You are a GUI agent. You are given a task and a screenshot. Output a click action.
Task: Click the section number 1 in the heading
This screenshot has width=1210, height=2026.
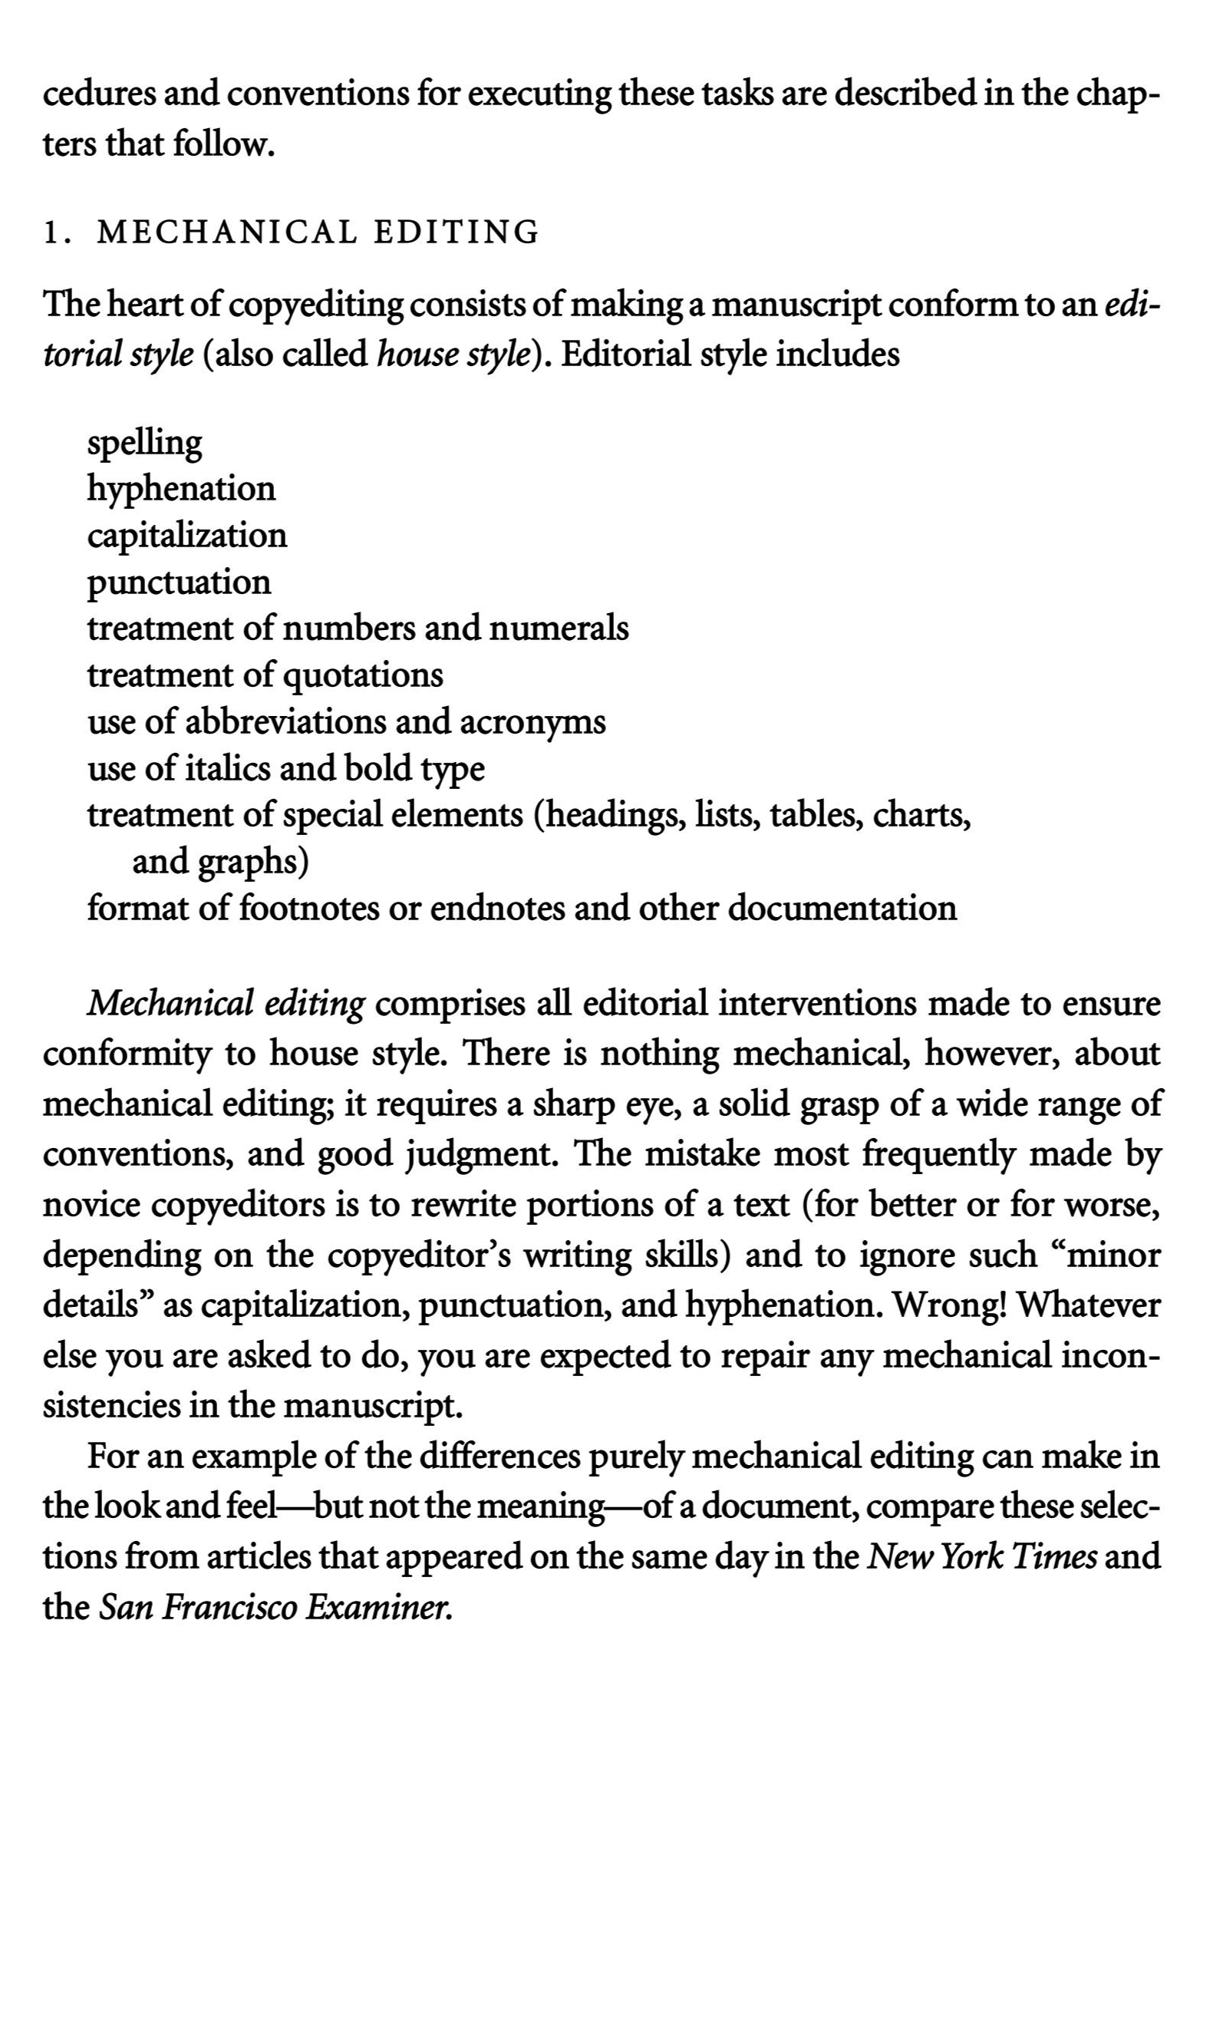click(51, 233)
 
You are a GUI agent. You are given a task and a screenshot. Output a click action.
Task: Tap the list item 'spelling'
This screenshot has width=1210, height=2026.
click(144, 444)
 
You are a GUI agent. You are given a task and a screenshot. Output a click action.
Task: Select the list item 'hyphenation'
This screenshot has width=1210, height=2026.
click(181, 490)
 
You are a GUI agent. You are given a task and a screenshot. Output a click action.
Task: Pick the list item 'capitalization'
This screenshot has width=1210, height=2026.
click(186, 536)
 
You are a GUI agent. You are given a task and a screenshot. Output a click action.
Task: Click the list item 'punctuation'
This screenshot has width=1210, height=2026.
click(179, 583)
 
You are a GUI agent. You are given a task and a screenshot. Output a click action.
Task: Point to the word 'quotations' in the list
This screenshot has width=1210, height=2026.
click(362, 676)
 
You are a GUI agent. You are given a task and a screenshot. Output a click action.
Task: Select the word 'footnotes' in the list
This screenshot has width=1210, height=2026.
click(308, 908)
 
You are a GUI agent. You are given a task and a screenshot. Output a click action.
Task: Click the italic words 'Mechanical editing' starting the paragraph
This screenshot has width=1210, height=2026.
click(226, 1004)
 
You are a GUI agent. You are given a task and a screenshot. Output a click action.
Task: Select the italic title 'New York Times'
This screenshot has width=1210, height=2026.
click(980, 1557)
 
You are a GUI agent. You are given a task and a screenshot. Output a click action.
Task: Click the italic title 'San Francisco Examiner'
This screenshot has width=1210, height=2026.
click(275, 1607)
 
